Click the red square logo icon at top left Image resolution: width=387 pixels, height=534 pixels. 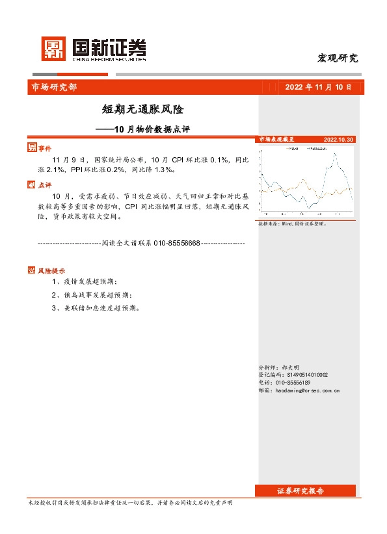[x=54, y=48]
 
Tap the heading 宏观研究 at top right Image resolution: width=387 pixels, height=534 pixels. [x=337, y=58]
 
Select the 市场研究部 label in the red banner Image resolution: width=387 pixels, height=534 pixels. [x=54, y=88]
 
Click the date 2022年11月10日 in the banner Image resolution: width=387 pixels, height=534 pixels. [x=318, y=88]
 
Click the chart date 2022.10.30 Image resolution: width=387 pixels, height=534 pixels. [x=338, y=140]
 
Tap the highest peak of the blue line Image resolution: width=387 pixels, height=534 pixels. [x=334, y=154]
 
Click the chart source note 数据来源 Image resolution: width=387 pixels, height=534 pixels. [x=292, y=223]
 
